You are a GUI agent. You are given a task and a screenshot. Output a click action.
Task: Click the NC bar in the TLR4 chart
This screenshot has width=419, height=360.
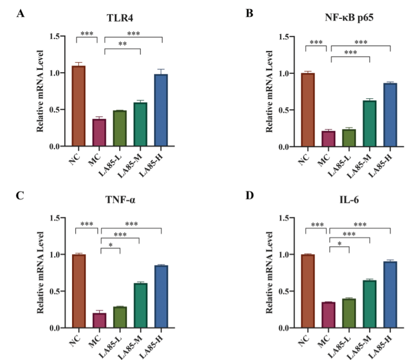point(79,106)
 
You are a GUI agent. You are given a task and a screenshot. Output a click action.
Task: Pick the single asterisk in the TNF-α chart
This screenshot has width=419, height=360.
point(110,245)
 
